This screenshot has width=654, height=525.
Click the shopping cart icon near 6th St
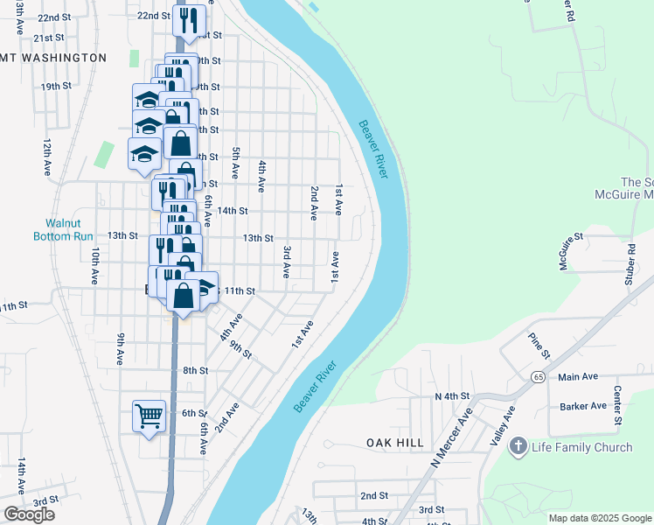[150, 416]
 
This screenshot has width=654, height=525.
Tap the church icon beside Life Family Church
[518, 447]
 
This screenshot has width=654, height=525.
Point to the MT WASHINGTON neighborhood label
[54, 58]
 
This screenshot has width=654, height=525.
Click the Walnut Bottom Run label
[63, 229]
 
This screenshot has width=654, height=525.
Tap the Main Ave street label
[578, 376]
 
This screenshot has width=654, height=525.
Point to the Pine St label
[537, 345]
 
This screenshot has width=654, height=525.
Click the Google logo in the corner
[29, 514]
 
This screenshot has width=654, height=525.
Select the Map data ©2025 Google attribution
[600, 518]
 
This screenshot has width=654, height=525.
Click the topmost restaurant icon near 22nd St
[190, 20]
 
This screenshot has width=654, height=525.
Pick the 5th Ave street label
[236, 164]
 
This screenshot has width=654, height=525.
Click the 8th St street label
[195, 370]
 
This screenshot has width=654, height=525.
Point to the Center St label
[617, 405]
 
